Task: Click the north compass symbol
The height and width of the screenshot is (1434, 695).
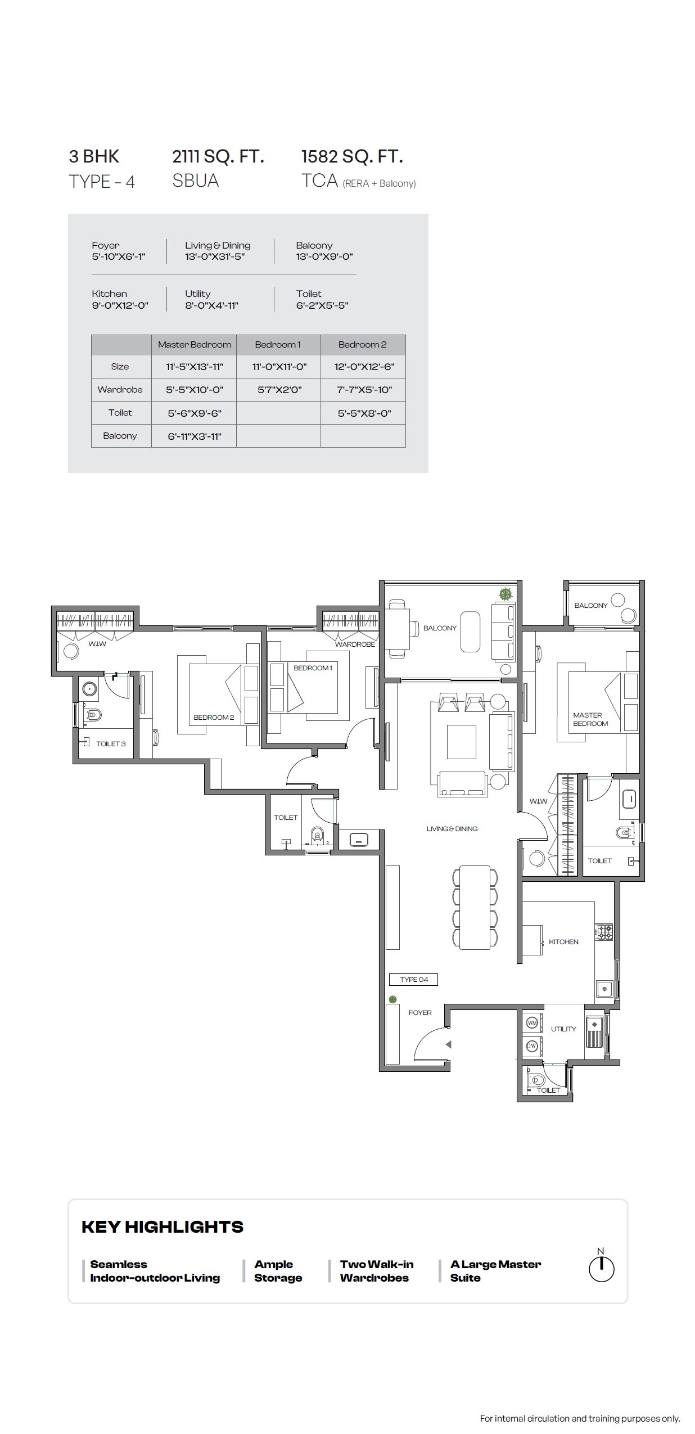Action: [601, 1268]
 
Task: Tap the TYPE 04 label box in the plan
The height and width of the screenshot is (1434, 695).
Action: [413, 979]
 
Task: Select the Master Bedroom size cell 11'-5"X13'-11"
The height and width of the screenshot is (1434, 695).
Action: [194, 367]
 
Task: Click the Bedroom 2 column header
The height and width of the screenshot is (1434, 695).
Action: [363, 344]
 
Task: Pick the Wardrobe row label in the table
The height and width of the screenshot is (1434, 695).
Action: [120, 390]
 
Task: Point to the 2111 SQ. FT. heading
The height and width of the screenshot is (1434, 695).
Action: [218, 156]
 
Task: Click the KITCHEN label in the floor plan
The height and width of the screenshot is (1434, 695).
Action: [563, 941]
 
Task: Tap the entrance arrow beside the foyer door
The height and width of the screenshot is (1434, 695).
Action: [448, 1044]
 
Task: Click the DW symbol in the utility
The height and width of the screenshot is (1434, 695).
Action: [532, 1045]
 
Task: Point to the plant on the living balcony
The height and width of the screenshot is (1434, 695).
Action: [506, 593]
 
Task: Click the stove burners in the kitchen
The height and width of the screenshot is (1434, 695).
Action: [604, 932]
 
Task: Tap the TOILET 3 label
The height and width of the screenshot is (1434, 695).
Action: [111, 743]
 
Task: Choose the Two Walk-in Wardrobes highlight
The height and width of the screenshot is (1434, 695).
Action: [376, 1270]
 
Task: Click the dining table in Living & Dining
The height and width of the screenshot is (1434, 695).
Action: [475, 907]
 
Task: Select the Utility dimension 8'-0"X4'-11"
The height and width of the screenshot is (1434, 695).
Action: [212, 305]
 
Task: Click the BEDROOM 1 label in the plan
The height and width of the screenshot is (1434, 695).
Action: [313, 668]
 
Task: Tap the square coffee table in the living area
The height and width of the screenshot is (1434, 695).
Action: [461, 742]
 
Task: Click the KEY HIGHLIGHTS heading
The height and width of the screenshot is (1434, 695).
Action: [163, 1227]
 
